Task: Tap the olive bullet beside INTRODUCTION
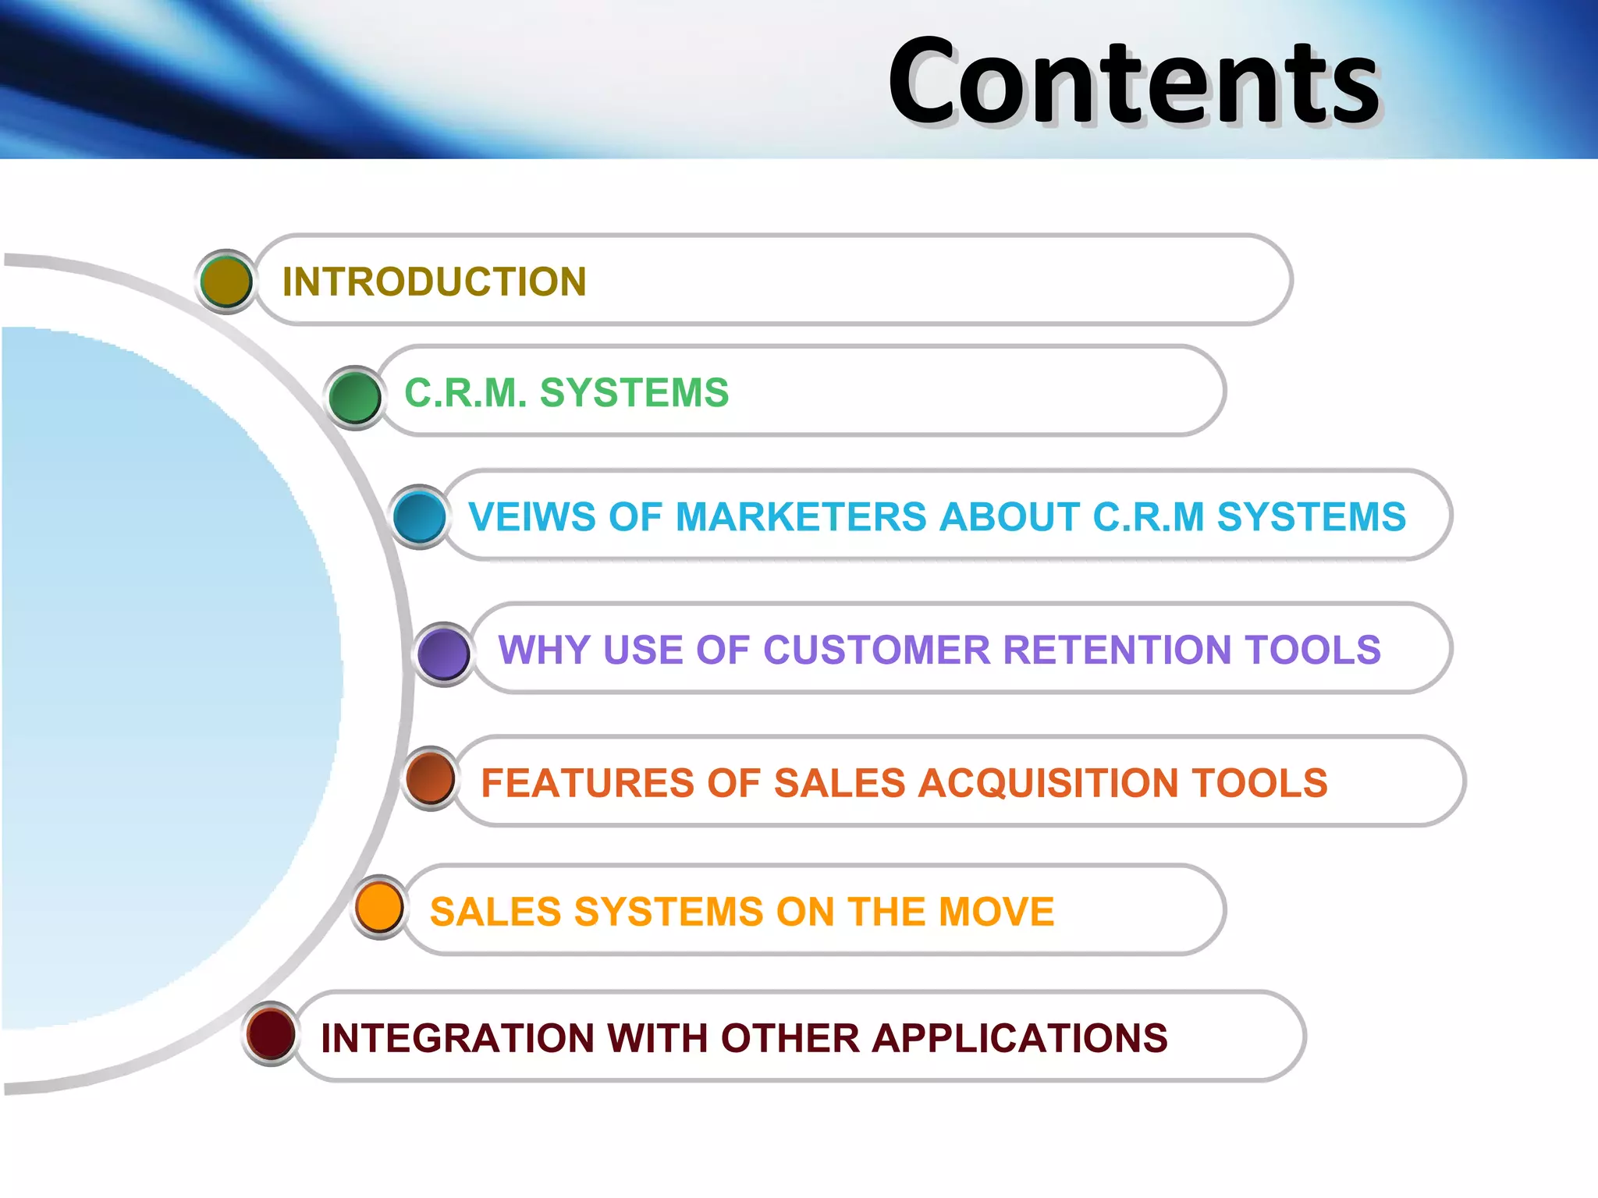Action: point(226,282)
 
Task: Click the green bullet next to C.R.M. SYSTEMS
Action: point(355,397)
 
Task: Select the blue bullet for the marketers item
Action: point(420,516)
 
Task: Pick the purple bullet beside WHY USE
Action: point(444,654)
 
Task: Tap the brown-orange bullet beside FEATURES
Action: point(431,778)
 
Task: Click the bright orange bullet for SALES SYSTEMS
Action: point(379,907)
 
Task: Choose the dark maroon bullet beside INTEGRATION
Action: point(271,1033)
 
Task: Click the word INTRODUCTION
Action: point(434,282)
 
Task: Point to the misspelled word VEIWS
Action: point(531,517)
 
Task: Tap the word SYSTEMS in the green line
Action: point(634,392)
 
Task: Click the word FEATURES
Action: point(587,782)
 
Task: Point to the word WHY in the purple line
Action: point(544,650)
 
